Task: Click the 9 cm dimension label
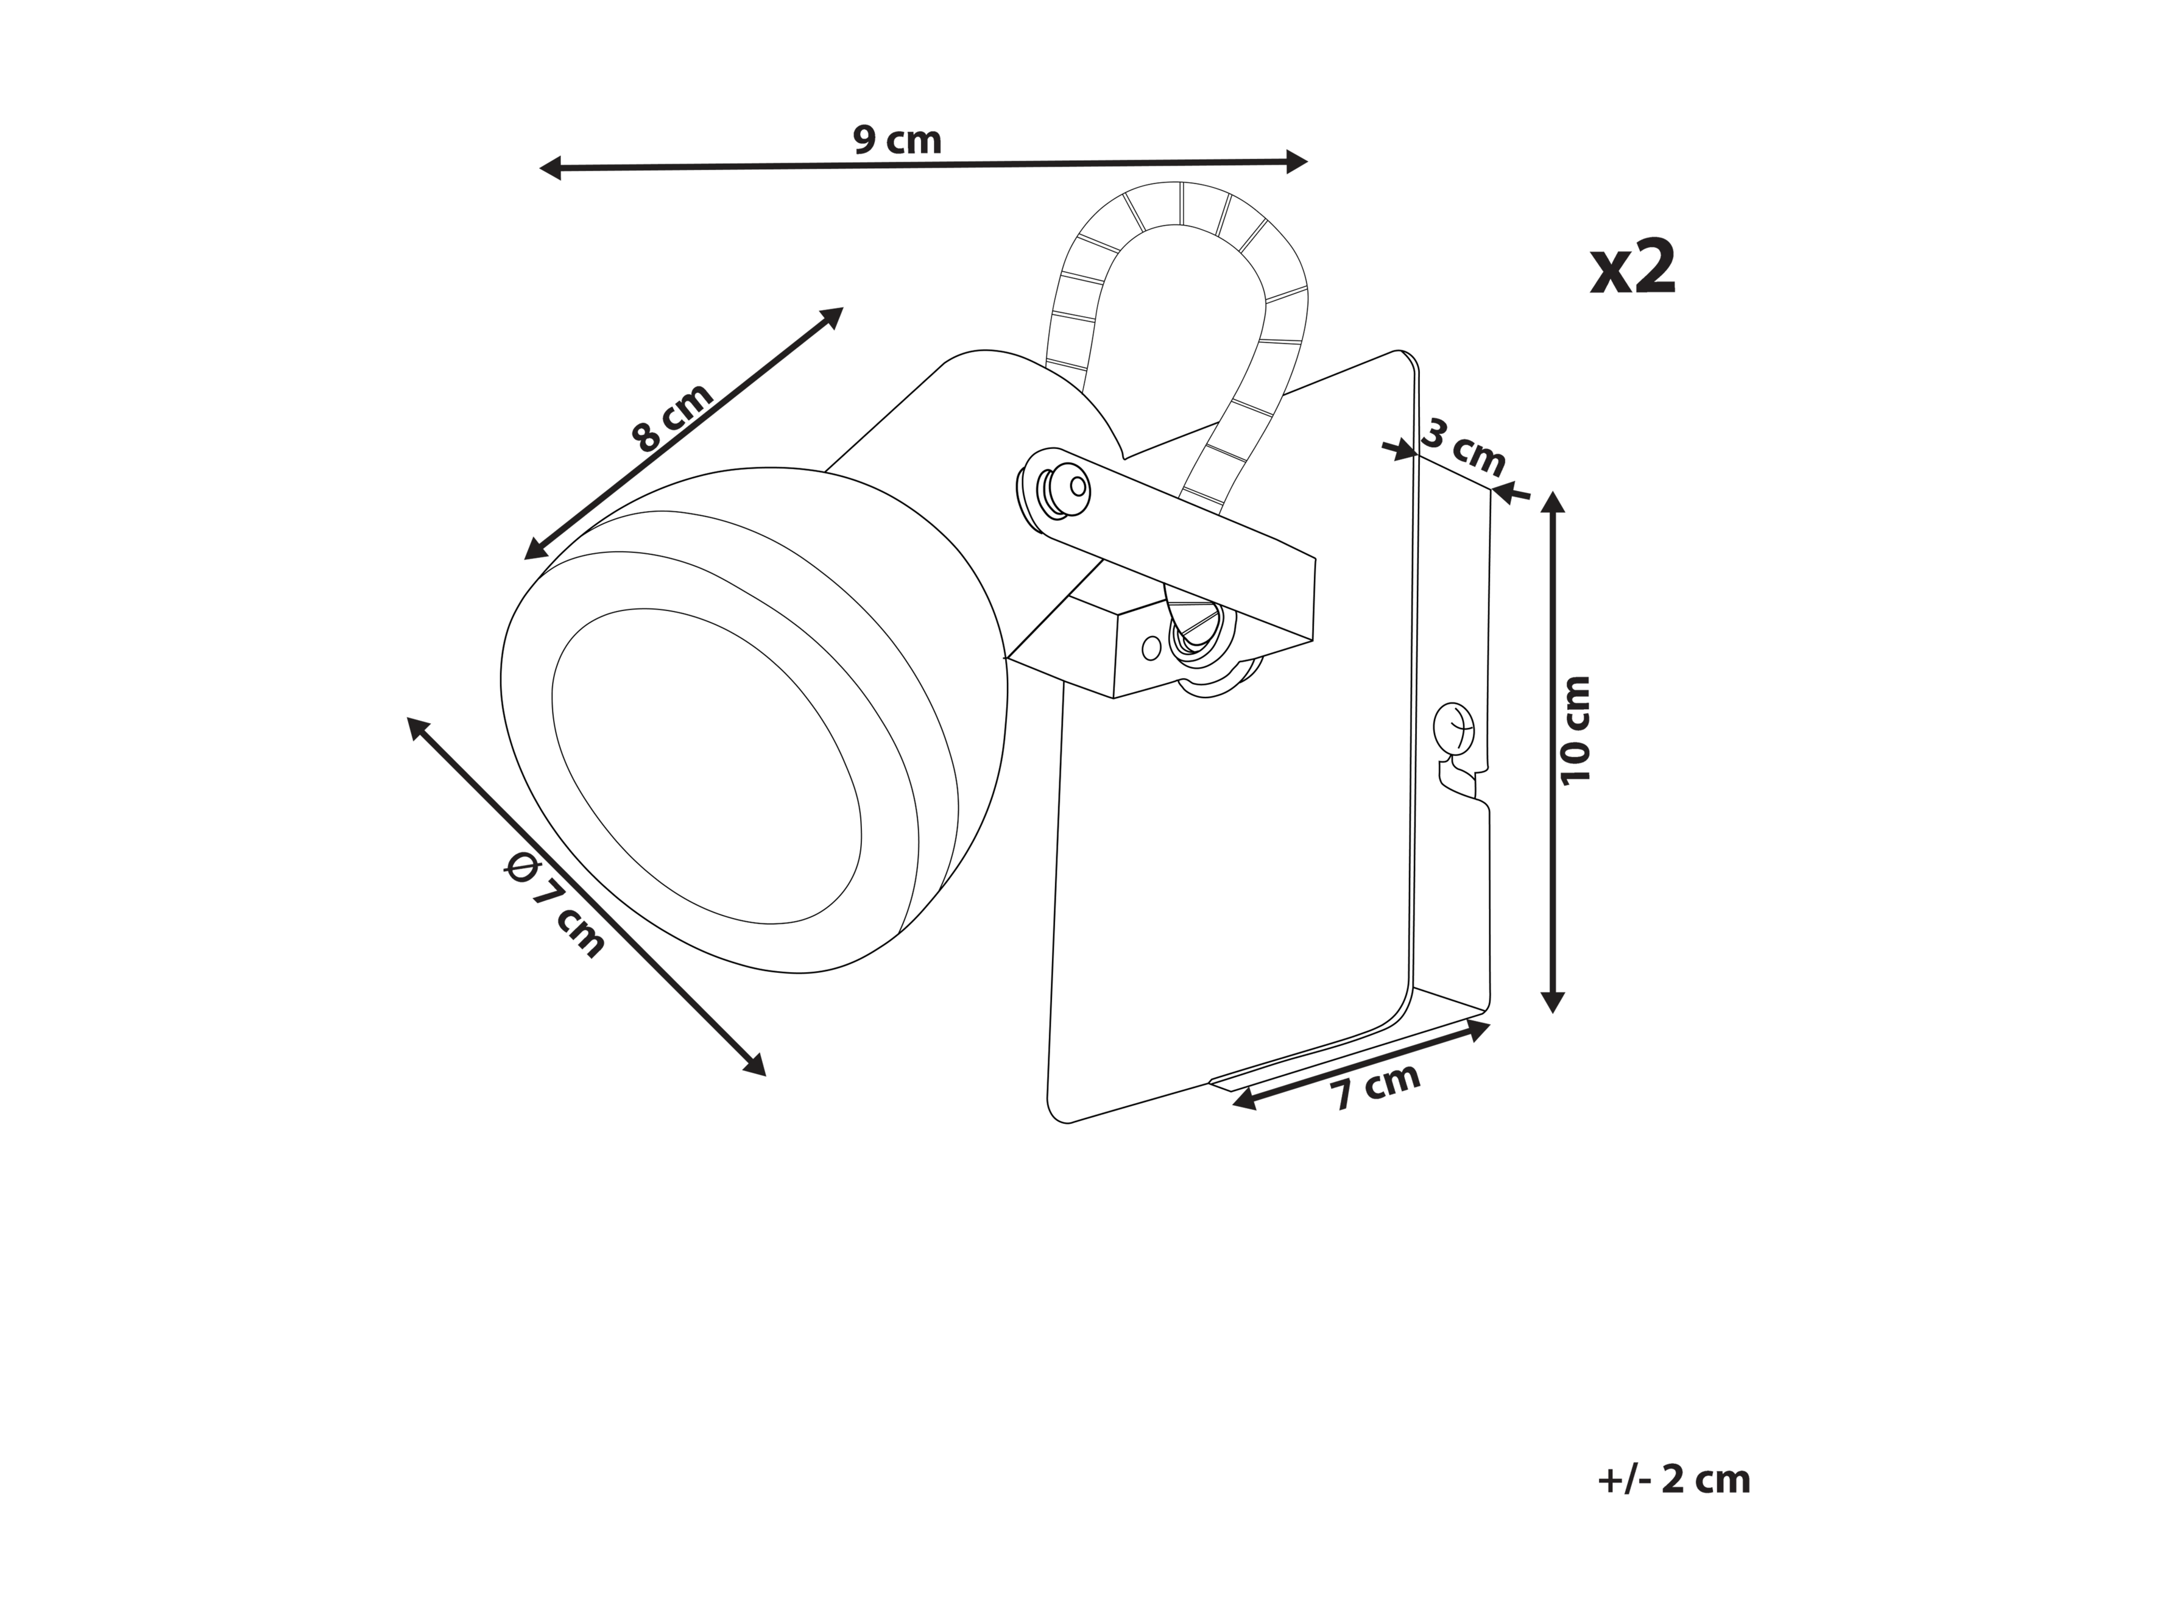[897, 141]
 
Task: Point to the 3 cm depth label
[1463, 448]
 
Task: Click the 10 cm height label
[1575, 730]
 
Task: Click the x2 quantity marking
[1633, 267]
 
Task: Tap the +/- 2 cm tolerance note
[1675, 1480]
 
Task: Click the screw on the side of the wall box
[1453, 727]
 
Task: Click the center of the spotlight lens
[707, 766]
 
